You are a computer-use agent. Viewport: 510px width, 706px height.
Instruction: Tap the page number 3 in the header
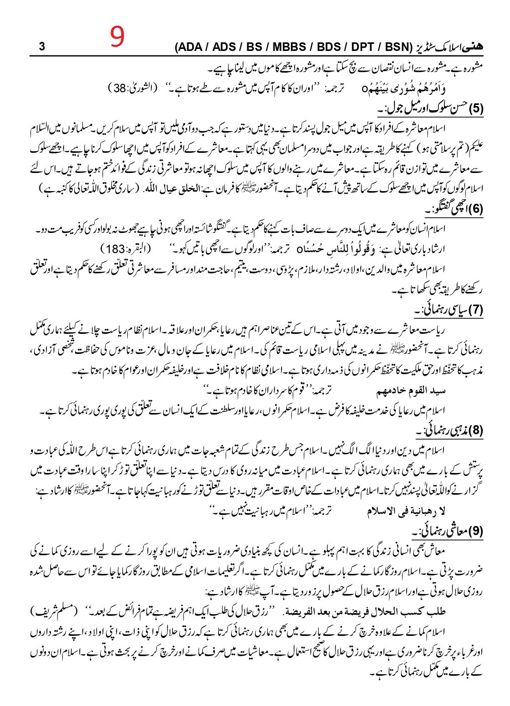click(x=42, y=47)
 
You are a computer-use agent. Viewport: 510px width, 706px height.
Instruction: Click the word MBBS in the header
click(x=289, y=47)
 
